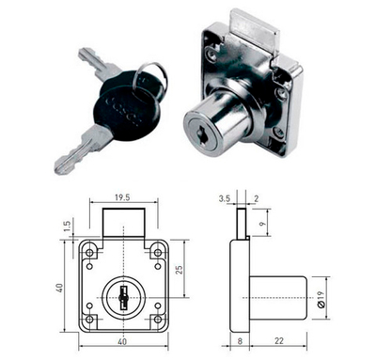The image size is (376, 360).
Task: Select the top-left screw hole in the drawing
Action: (91, 253)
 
